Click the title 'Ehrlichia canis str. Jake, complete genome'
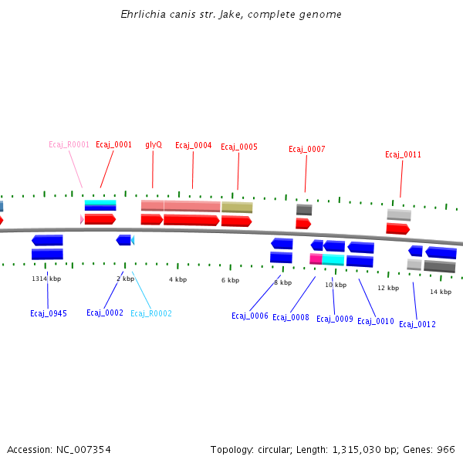[231, 15]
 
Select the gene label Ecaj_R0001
[69, 144]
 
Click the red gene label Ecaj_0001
[113, 144]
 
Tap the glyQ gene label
[154, 144]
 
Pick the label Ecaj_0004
[193, 145]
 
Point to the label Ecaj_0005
[239, 147]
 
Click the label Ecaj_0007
[306, 149]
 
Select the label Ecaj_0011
[403, 154]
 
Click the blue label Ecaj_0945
[48, 313]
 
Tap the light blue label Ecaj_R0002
[151, 313]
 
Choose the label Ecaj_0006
[250, 316]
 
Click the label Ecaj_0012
[417, 324]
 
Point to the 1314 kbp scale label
[46, 279]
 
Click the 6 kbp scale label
[230, 280]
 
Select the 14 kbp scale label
[440, 292]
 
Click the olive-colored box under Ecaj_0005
[237, 208]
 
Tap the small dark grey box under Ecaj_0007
[304, 209]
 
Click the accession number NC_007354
[81, 449]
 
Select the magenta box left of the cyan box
[316, 259]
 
